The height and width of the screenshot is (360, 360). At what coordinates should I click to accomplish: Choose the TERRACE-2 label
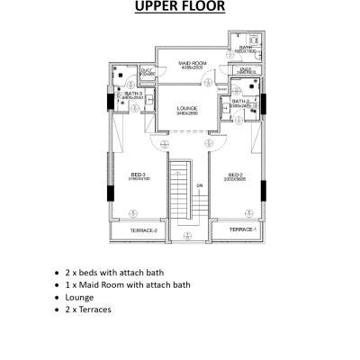pos(144,231)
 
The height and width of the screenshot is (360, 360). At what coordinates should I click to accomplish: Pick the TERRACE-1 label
pos(242,229)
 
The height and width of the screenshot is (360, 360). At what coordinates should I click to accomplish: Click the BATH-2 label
pos(239,101)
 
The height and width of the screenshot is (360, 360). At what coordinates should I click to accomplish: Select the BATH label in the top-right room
pos(245,47)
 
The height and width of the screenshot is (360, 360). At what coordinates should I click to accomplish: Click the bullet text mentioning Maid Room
pos(127,284)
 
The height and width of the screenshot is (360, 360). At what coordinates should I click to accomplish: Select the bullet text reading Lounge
pos(80,297)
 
